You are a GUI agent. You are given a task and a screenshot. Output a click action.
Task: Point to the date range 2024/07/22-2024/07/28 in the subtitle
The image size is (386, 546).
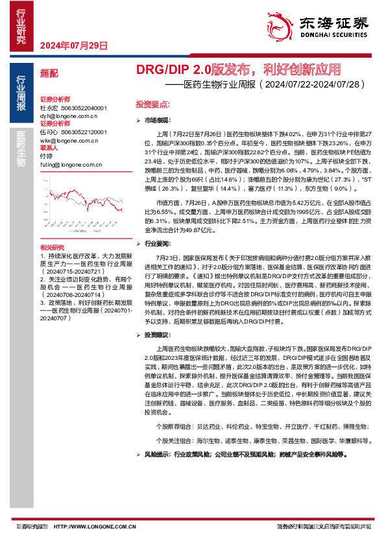315,84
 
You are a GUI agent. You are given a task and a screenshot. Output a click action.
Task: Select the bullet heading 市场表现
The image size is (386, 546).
157,121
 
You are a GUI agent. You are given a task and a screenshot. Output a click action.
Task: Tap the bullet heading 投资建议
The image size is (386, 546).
157,335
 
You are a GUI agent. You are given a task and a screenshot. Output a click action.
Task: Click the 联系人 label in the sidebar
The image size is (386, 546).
49,148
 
